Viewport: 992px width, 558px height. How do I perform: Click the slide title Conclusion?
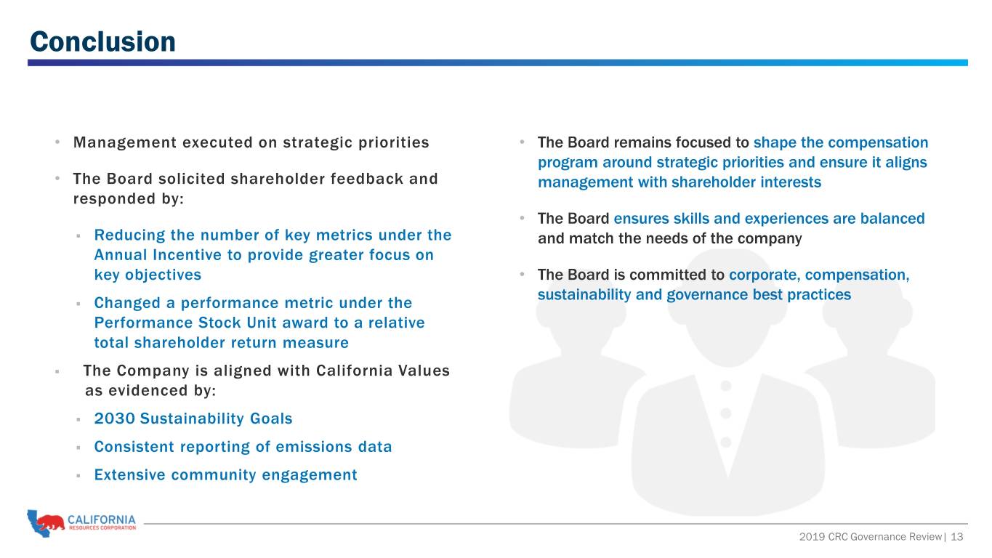pos(102,41)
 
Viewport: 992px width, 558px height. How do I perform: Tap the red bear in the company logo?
pos(50,522)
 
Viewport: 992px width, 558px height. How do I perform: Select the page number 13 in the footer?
pos(957,537)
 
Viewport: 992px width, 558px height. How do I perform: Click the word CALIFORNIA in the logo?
pos(102,519)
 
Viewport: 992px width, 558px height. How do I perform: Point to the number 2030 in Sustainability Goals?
pos(114,418)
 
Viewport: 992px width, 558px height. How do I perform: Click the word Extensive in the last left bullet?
pos(130,474)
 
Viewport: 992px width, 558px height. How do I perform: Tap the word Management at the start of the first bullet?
pos(125,142)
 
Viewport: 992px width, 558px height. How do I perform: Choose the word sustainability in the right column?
pos(584,295)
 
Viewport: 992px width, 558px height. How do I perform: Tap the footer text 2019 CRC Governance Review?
pos(870,537)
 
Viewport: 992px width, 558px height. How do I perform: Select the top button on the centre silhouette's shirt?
pos(726,386)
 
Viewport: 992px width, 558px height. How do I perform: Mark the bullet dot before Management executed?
pos(57,142)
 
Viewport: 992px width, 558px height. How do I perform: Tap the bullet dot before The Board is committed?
pos(522,275)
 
